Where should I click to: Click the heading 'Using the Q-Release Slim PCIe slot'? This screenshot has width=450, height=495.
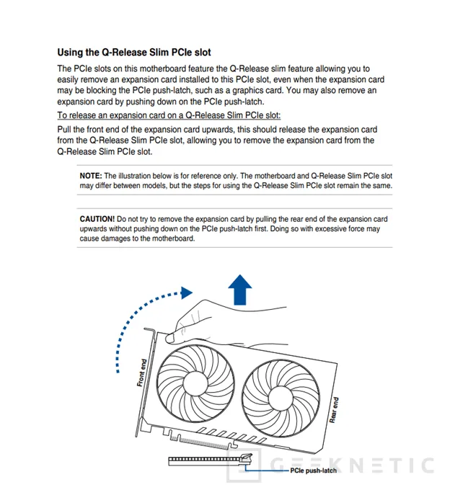point(133,53)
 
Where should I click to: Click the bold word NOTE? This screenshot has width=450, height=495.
point(91,175)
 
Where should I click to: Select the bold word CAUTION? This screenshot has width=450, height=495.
point(97,218)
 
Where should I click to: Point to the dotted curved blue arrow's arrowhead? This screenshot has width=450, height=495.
point(186,293)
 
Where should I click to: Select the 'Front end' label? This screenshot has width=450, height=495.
point(141,373)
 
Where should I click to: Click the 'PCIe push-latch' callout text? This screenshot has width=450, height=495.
point(313,471)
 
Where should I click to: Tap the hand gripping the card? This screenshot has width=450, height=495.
point(216,324)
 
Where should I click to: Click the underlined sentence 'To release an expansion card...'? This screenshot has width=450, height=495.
point(169,115)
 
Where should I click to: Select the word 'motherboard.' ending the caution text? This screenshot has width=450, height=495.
point(172,238)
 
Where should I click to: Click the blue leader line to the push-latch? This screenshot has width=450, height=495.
point(270,471)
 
